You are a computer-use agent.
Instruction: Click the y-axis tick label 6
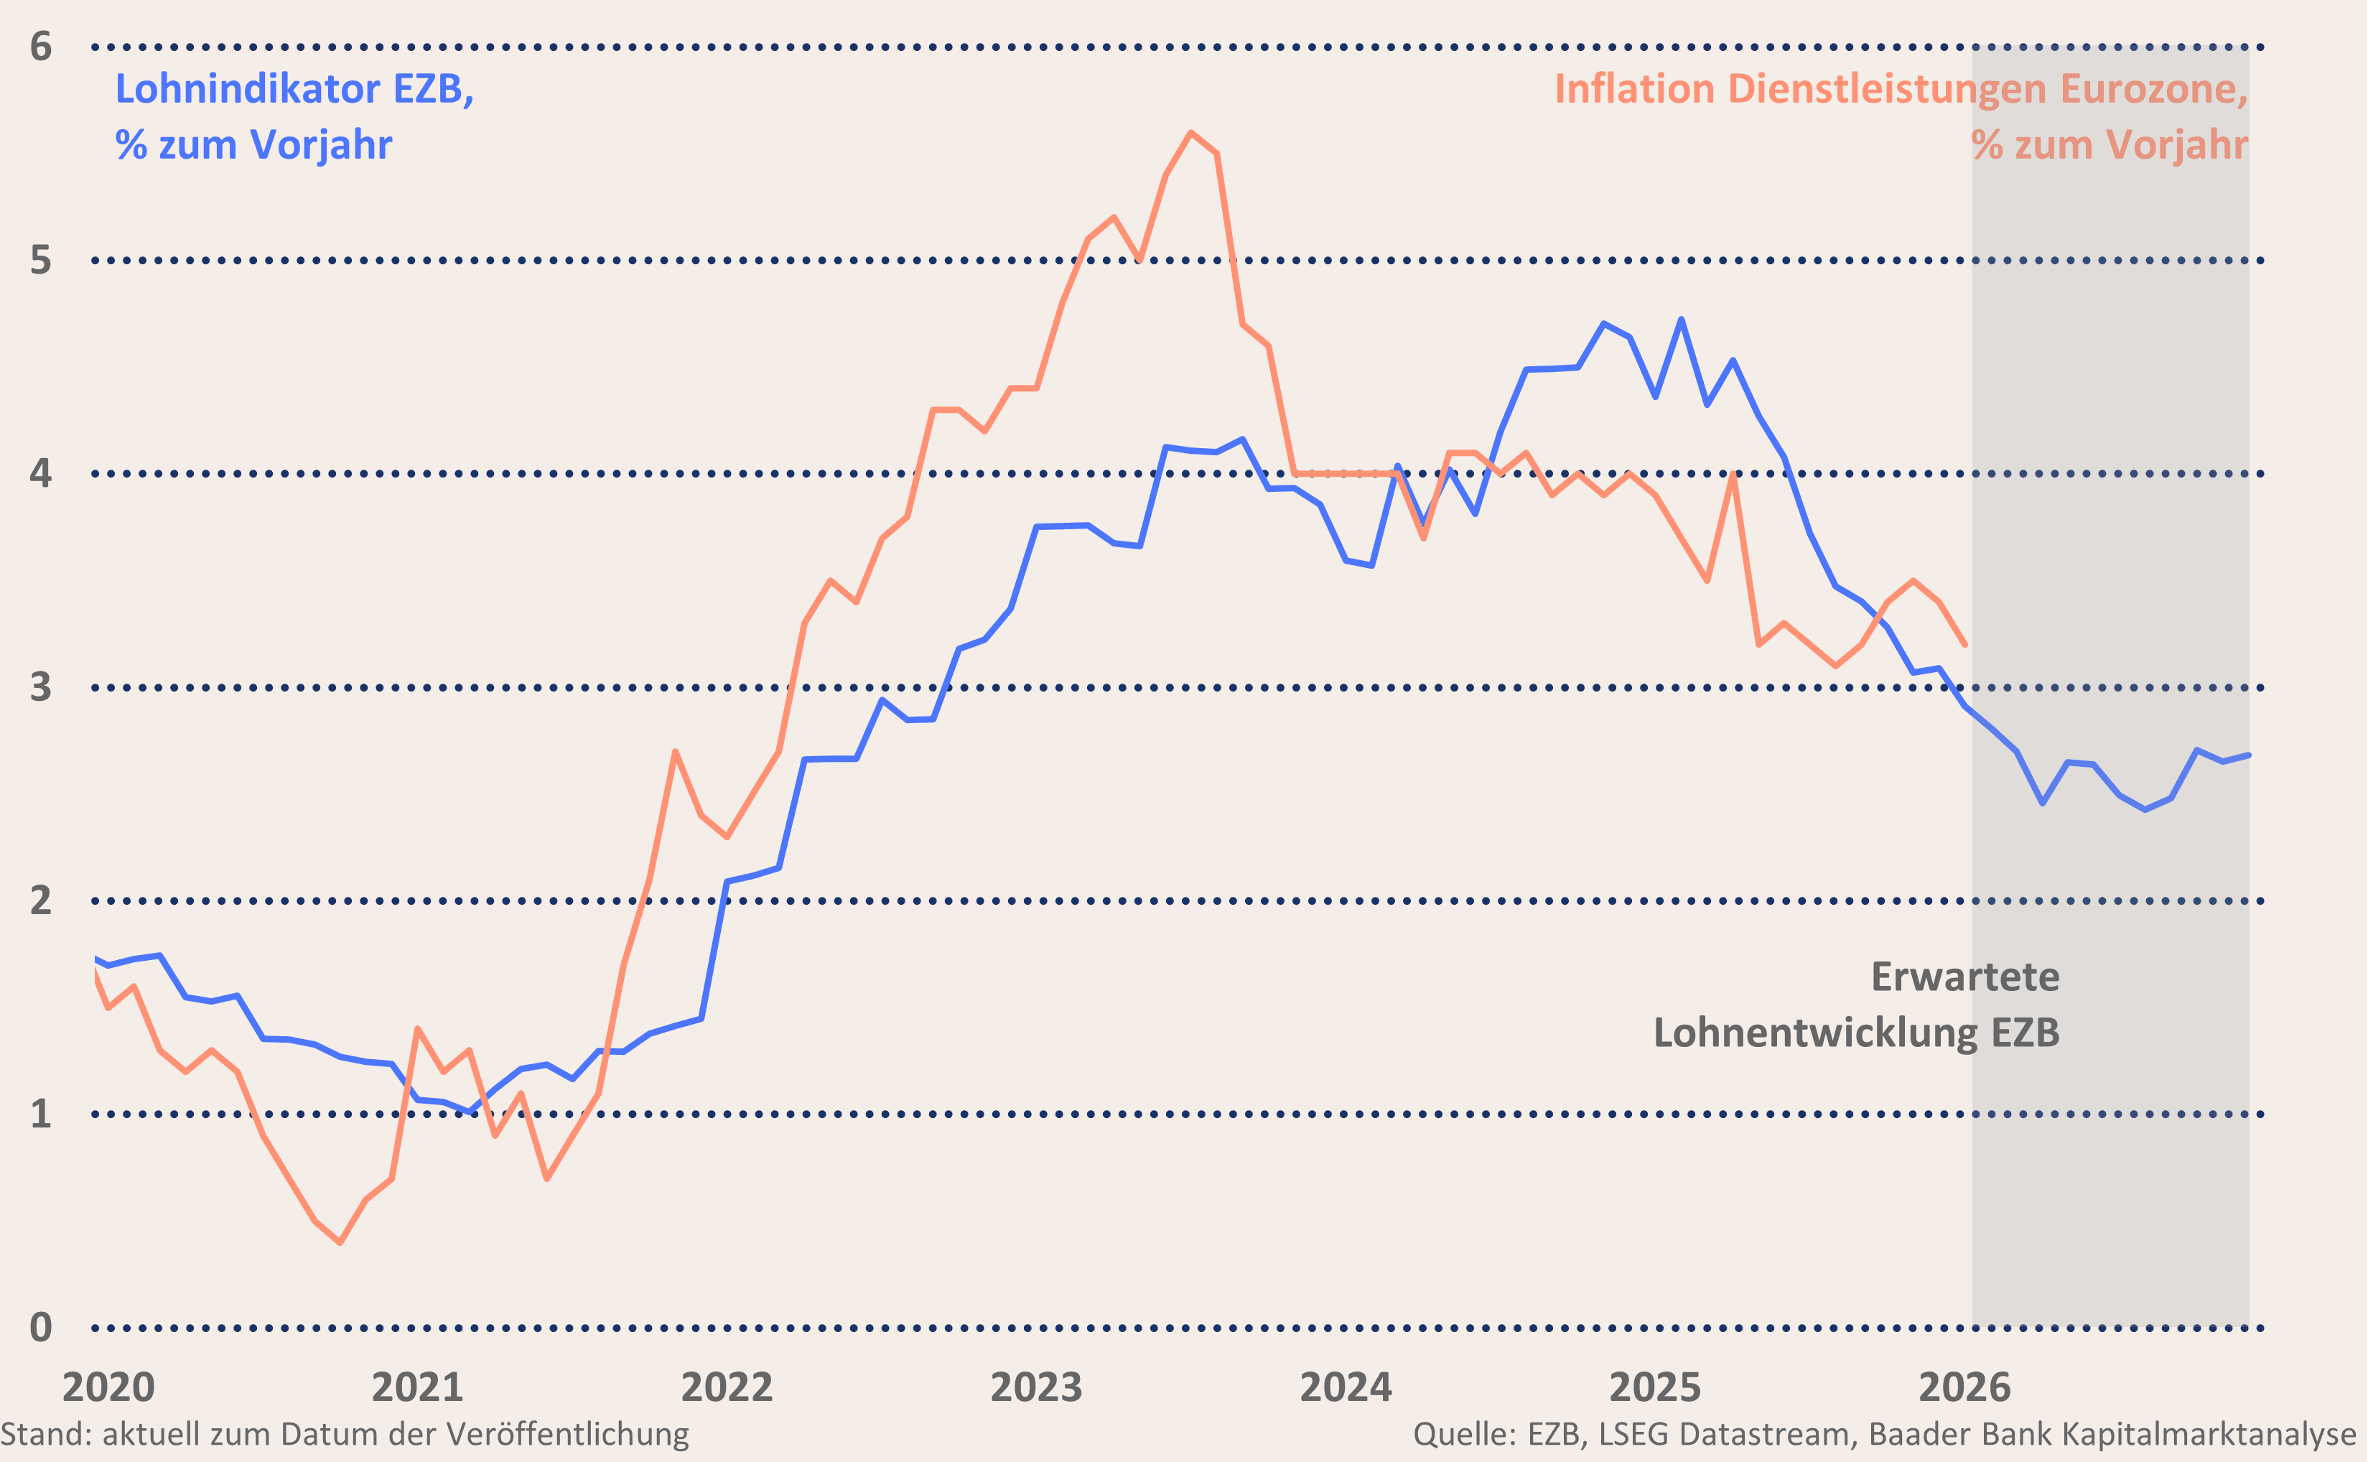point(41,47)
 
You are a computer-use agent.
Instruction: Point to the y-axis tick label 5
point(41,260)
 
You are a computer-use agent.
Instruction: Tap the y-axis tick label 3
point(41,687)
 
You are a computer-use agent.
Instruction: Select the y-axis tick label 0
point(41,1328)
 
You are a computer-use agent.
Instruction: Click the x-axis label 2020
point(108,1387)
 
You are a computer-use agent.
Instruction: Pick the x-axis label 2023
point(1036,1387)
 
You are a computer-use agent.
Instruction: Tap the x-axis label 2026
point(1964,1387)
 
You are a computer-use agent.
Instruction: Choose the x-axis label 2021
point(418,1387)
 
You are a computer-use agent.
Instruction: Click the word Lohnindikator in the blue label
point(248,89)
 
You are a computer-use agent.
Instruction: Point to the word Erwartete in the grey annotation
point(1965,977)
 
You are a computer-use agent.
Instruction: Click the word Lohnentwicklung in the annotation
point(1816,1033)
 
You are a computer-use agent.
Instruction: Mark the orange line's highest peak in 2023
point(1190,132)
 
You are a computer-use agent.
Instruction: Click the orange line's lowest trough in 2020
point(340,1242)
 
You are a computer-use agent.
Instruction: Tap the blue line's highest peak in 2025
point(1682,319)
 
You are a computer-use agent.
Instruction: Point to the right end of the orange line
point(1965,644)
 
